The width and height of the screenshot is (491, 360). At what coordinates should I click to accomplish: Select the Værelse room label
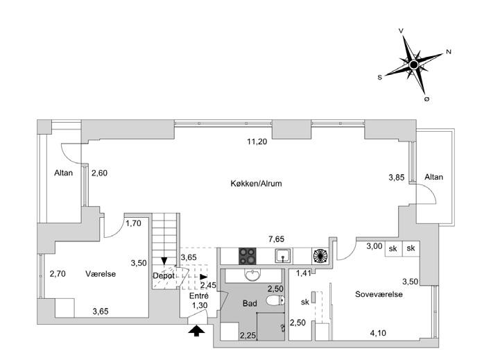point(101,274)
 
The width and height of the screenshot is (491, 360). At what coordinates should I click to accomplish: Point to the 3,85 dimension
point(396,178)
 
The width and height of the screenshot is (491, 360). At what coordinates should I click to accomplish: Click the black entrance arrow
point(196,331)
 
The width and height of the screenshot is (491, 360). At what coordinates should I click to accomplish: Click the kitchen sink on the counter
point(282,255)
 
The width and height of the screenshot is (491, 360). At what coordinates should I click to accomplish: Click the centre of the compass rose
point(413,65)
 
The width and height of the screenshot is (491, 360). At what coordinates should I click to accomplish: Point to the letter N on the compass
point(449,52)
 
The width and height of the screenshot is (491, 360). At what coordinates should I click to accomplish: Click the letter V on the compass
point(402,31)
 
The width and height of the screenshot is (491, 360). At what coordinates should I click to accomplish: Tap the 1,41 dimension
point(303,273)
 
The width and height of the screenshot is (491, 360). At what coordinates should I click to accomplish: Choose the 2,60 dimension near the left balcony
point(100,173)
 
